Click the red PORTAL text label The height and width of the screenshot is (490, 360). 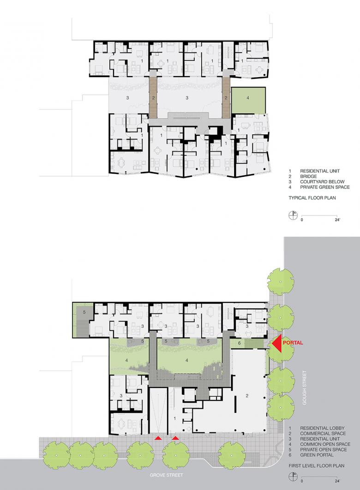point(293,343)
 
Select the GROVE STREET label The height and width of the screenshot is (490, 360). point(166,475)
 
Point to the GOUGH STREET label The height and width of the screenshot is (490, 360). point(305,387)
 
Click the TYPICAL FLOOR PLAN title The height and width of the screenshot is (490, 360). point(312,198)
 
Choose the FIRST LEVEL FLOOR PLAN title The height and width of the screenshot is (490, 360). point(317,466)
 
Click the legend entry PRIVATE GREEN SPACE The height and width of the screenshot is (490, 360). point(325,187)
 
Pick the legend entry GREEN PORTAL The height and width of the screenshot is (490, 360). point(317,455)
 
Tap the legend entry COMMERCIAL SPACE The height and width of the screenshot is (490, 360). point(323,434)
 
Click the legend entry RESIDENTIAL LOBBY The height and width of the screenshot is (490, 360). point(322,429)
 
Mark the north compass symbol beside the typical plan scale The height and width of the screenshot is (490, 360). point(293,215)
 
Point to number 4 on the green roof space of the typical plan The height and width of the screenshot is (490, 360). point(248,98)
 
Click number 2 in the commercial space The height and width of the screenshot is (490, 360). point(247,396)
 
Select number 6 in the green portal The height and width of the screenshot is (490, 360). point(240,343)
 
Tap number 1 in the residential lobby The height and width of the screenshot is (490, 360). point(175,418)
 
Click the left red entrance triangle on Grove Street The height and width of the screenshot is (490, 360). point(159,438)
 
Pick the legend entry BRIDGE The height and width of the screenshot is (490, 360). point(308,176)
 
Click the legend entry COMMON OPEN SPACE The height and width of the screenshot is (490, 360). point(325,444)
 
